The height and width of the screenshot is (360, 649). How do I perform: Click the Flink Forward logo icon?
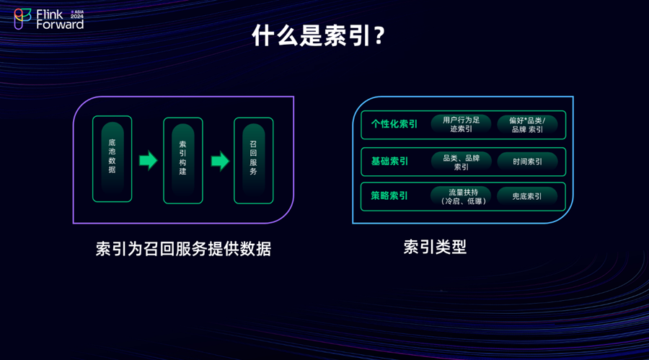point(22,19)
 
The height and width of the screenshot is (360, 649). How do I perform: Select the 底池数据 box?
point(112,159)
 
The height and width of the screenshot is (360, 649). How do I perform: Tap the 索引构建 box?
point(182,159)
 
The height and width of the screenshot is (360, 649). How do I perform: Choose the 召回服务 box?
point(253,159)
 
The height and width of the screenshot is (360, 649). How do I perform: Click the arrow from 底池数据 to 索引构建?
point(148,160)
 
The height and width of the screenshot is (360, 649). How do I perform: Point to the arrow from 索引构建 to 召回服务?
point(219,160)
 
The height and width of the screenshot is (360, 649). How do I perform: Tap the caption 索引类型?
point(435,247)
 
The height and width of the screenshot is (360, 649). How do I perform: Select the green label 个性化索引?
point(394,124)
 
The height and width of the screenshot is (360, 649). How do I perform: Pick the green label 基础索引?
point(389,161)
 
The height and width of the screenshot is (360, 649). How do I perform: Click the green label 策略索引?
point(389,196)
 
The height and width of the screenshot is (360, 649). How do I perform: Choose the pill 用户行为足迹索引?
point(461,124)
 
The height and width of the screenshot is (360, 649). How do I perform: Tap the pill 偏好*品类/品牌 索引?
point(527,124)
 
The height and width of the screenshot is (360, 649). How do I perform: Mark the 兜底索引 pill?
point(527,196)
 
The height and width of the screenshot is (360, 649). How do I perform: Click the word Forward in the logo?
point(60,25)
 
